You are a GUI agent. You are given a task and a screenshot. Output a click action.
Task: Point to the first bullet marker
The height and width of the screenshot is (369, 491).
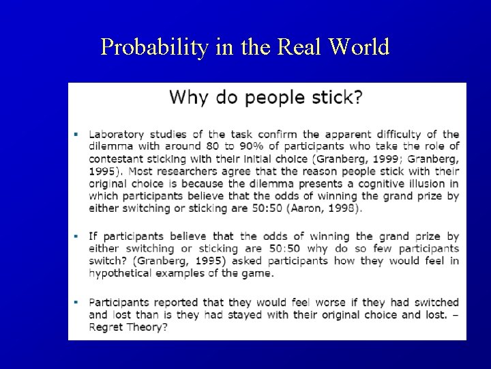coord(77,134)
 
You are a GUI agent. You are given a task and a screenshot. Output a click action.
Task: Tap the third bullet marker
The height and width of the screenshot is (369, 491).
coord(77,301)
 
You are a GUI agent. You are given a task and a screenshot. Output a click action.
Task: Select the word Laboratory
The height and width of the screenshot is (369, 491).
coord(118,134)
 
